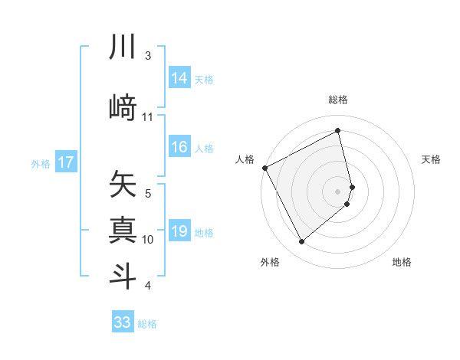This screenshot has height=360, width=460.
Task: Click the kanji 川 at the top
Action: pos(123,47)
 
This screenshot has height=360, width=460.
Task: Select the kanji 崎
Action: pos(123,107)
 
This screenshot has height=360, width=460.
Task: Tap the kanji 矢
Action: pos(123,185)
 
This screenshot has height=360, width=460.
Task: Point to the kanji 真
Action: pos(123,231)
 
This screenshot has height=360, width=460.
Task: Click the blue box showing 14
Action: pos(179,78)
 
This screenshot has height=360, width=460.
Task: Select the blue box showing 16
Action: pos(179,148)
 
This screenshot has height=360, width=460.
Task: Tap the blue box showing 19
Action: pos(179,232)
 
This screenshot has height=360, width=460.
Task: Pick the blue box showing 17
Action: pos(65,162)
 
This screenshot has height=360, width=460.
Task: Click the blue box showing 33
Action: pos(122,322)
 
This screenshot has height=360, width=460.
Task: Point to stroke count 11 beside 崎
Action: pos(148,117)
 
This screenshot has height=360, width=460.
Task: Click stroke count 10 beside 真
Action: pos(148,240)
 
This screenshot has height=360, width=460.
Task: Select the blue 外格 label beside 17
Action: pos(41,163)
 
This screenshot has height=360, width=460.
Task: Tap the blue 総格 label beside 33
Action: pos(147,324)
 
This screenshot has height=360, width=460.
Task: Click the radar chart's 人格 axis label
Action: pos(245,159)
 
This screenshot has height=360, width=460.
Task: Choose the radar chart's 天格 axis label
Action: pos(431,159)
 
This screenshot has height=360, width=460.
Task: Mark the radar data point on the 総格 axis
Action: pos(338,131)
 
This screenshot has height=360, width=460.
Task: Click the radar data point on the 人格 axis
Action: pos(264,168)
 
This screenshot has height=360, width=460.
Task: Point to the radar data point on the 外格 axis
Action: pos(301,242)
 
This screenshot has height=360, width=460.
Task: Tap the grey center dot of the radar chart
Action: pos(338,191)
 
